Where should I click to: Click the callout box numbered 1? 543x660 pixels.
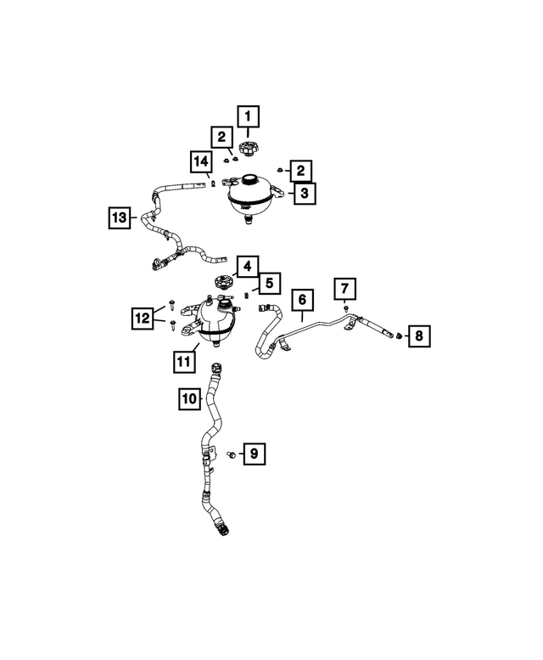(x=248, y=116)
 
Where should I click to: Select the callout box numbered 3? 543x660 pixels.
(x=305, y=193)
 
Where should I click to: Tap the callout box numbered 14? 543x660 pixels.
(x=201, y=161)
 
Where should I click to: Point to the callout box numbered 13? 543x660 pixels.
(x=120, y=217)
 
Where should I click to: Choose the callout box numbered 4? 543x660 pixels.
(x=248, y=267)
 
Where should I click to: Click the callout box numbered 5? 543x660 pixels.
(x=270, y=283)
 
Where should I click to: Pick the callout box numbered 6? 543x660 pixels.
(x=303, y=300)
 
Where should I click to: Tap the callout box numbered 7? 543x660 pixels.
(x=344, y=289)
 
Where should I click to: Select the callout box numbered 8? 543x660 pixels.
(x=419, y=336)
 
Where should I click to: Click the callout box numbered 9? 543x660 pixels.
(x=255, y=454)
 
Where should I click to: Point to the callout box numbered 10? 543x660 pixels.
(x=189, y=398)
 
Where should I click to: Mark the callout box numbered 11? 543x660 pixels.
(x=184, y=362)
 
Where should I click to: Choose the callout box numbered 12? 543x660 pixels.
(x=143, y=319)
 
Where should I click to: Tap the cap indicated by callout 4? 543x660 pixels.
(x=222, y=282)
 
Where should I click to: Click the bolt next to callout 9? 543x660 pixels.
(x=230, y=454)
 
